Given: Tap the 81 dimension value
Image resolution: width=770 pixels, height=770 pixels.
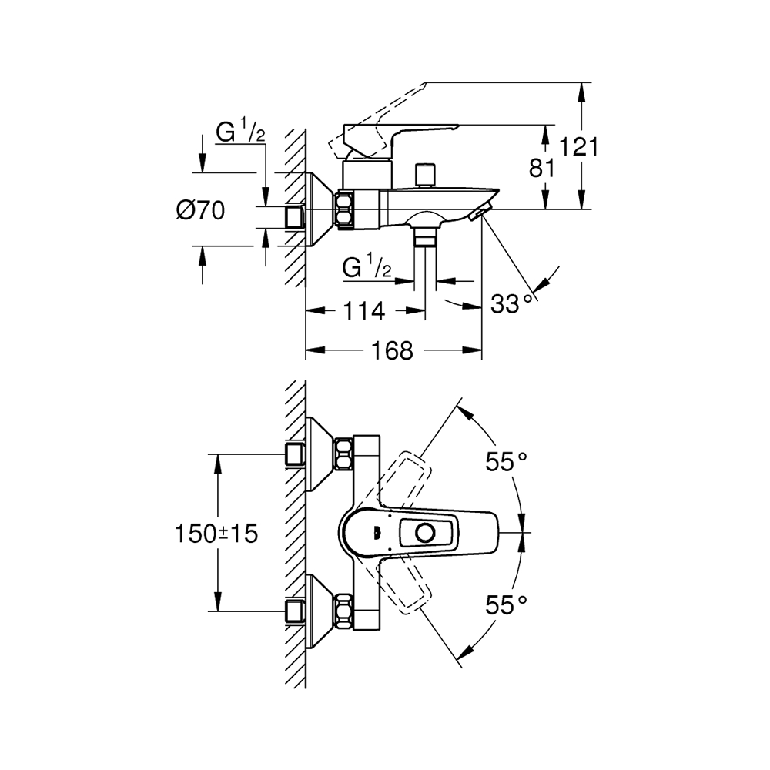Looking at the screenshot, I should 542,167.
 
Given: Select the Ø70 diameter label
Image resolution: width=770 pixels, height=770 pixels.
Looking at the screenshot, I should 200,209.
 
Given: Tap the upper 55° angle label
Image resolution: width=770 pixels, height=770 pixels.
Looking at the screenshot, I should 506,462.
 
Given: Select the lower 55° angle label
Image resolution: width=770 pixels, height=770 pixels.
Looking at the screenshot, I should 506,605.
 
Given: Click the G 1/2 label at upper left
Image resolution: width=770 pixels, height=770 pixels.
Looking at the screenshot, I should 239,132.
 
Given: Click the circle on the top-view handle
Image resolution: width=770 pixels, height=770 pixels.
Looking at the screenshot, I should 424,532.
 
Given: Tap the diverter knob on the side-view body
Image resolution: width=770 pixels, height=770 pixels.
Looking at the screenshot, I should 422,175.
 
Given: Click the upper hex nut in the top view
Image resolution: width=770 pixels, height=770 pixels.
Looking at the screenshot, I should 343,454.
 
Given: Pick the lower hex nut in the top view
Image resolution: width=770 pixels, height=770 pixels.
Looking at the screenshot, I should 343,611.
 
